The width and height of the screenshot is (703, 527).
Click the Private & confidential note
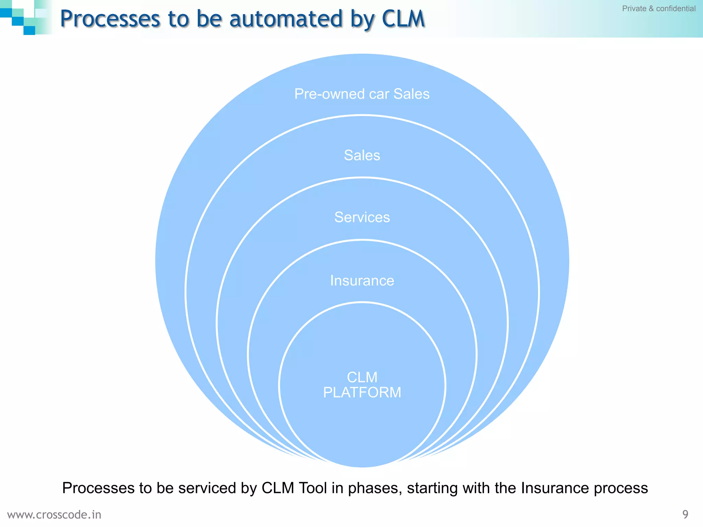coord(658,9)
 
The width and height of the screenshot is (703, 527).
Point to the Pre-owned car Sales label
coord(362,94)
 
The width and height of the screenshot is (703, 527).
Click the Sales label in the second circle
coord(362,155)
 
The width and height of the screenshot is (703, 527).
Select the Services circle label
coord(362,217)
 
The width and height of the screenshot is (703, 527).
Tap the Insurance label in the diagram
coord(362,281)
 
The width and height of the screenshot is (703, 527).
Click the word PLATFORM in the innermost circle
coord(362,393)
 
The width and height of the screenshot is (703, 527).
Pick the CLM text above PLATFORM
coord(362,377)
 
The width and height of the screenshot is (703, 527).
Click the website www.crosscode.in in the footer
coord(54,515)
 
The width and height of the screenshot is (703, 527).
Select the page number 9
coord(685,514)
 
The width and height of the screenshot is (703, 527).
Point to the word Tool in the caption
coord(312,488)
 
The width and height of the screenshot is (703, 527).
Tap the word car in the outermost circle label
coord(379,94)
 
